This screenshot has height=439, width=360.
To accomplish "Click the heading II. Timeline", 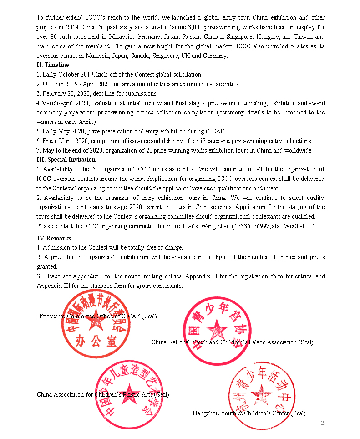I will coord(53,65).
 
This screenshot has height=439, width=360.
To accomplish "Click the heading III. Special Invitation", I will coord(66,159).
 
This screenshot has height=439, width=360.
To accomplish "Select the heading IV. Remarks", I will coord(54,238).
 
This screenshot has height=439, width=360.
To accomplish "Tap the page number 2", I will coord(322,423).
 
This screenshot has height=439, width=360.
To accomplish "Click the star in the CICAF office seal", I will coord(96,322).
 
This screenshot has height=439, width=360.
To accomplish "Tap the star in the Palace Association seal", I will coord(218,329).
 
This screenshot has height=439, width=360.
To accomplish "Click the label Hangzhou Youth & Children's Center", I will coord(241,413).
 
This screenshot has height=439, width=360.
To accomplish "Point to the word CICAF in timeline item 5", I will coord(215,131).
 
